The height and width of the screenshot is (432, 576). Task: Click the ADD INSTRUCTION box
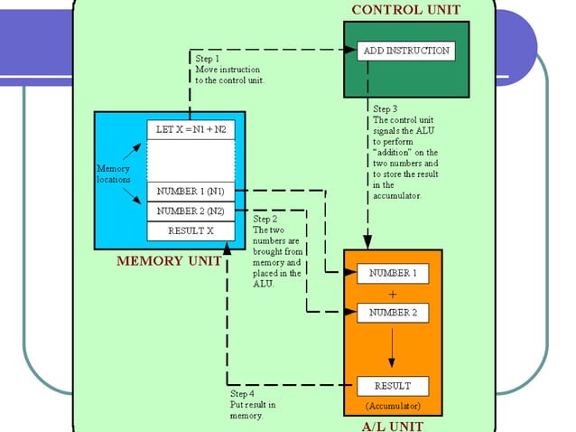[405, 51]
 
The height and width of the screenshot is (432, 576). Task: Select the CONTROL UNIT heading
[405, 10]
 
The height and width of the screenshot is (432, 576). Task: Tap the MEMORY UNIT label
[169, 261]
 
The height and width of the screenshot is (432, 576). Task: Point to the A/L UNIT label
[393, 425]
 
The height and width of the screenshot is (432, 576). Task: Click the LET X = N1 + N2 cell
[190, 130]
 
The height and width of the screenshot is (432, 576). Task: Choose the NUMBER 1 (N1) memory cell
[190, 192]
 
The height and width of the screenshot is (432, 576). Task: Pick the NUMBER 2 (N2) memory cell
[190, 211]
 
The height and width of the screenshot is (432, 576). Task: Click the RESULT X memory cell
[190, 230]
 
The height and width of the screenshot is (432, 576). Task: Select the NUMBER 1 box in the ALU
[392, 273]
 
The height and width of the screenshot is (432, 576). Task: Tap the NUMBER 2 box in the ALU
[392, 313]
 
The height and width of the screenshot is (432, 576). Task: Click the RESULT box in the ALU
[392, 386]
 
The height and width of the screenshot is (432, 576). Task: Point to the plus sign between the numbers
[392, 294]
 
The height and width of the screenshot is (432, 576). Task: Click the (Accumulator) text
[392, 406]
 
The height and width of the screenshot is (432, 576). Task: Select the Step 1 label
[208, 58]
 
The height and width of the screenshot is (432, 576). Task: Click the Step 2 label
[265, 219]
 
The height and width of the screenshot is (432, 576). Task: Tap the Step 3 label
[386, 108]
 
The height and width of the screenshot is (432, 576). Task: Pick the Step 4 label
[243, 394]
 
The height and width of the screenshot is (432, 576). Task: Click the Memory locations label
[114, 174]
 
